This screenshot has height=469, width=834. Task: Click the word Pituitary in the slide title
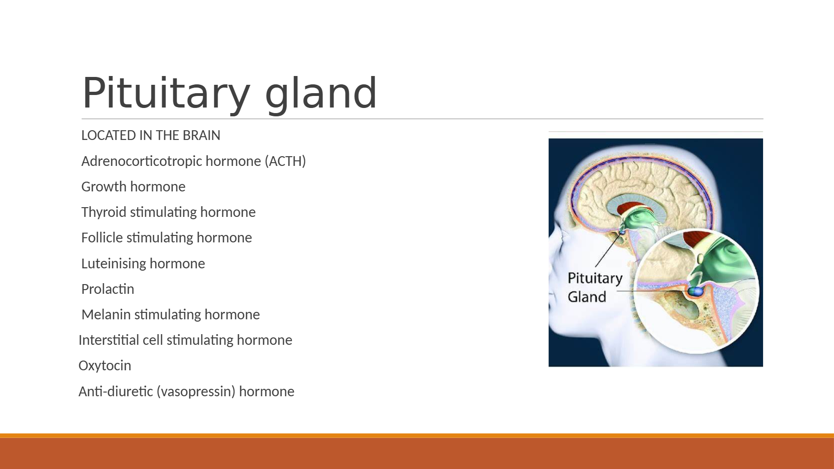(166, 94)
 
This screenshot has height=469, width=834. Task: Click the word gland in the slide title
(321, 94)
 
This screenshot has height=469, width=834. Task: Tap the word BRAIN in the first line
(202, 135)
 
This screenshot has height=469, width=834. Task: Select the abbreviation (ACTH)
(285, 161)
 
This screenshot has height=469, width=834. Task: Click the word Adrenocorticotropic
(142, 161)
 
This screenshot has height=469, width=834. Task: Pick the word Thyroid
(104, 212)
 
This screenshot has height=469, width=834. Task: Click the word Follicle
(102, 237)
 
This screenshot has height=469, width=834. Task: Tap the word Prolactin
(108, 289)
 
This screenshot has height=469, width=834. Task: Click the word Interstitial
(109, 340)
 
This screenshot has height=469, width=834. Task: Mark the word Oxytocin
(105, 366)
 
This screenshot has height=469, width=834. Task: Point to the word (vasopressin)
(196, 392)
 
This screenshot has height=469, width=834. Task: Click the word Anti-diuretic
(116, 391)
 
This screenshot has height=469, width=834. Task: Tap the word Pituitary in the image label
(595, 279)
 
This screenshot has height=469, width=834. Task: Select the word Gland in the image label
(587, 297)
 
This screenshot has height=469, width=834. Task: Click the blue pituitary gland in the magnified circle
(695, 291)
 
